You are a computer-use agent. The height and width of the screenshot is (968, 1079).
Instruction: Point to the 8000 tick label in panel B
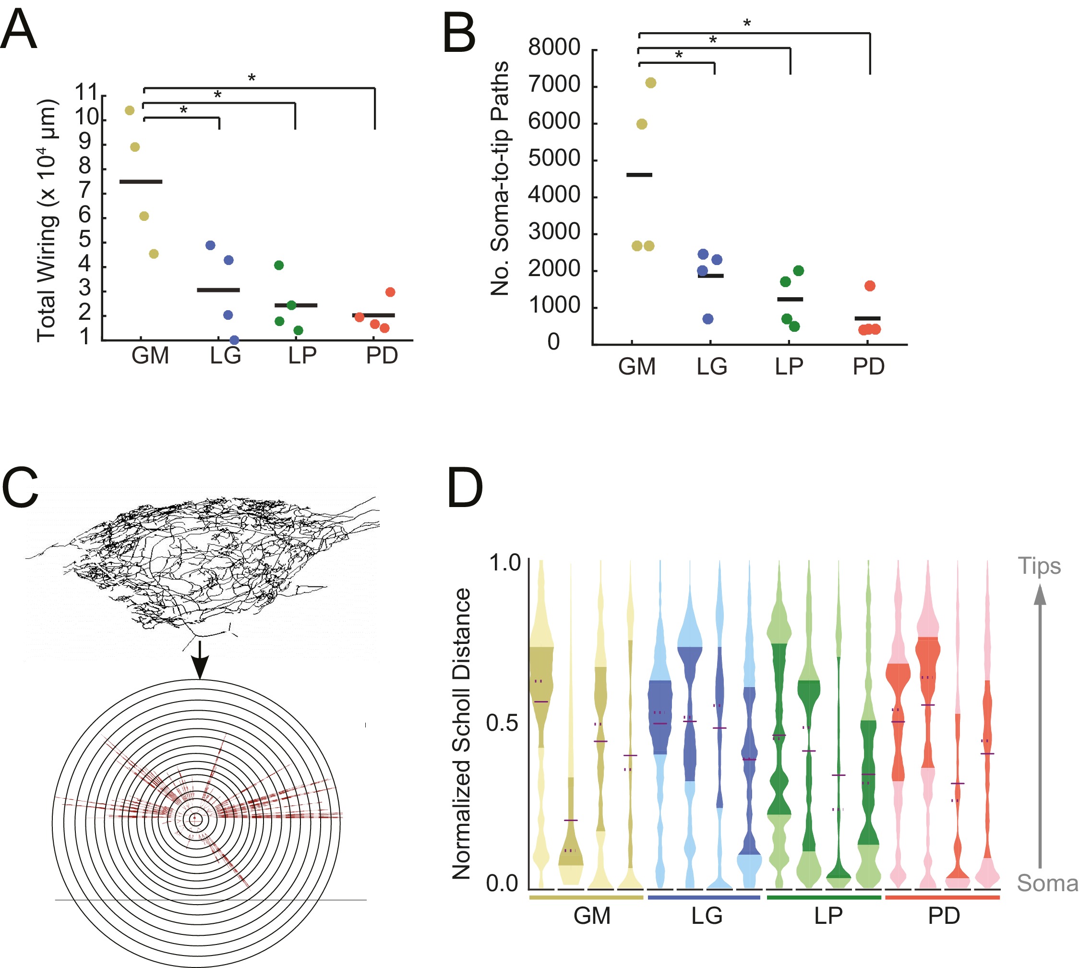pyautogui.click(x=554, y=48)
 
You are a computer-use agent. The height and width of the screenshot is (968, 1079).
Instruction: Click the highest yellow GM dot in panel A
pyautogui.click(x=129, y=110)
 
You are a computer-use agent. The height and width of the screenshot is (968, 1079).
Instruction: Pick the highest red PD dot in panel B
pyautogui.click(x=870, y=286)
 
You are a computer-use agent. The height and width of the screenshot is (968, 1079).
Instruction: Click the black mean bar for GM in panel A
pyautogui.click(x=141, y=182)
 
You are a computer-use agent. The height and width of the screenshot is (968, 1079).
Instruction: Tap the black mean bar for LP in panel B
pyautogui.click(x=790, y=300)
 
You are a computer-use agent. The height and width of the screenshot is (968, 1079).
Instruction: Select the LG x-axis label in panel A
pyautogui.click(x=226, y=355)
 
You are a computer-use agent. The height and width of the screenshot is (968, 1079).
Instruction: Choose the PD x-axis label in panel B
pyautogui.click(x=868, y=366)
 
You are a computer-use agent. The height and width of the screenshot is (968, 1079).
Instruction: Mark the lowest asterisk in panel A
pyautogui.click(x=183, y=110)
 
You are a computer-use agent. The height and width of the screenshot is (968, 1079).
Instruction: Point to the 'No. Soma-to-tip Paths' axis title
pyautogui.click(x=500, y=178)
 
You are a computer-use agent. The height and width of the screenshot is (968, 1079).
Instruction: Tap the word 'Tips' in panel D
pyautogui.click(x=1039, y=566)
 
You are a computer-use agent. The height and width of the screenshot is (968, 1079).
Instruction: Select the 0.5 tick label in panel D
pyautogui.click(x=502, y=723)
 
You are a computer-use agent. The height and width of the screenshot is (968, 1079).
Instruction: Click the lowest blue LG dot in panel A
pyautogui.click(x=234, y=340)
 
